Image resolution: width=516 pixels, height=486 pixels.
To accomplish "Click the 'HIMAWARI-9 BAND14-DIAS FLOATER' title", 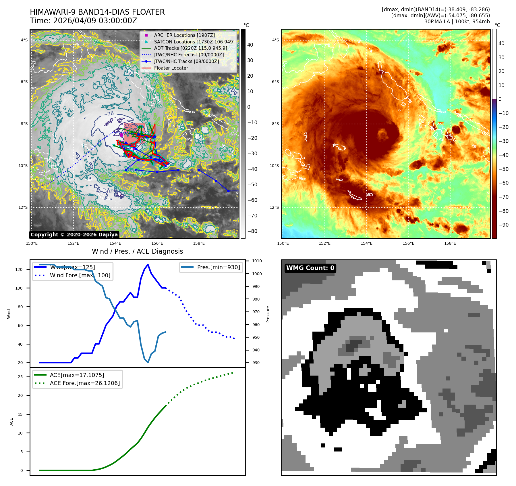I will coord(97,12).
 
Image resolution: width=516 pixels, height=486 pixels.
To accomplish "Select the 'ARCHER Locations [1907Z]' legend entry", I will coord(184,35).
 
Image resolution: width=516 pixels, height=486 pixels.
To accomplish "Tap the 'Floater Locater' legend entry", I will coord(171,68).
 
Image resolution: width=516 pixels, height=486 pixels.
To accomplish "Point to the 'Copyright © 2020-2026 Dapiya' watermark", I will coord(74,235).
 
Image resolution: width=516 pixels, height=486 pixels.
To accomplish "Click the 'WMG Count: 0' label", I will coord(310,268).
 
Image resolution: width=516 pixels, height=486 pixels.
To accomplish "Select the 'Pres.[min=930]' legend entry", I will coord(218,267).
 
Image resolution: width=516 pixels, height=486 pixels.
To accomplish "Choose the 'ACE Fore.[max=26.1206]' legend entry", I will coord(85,383).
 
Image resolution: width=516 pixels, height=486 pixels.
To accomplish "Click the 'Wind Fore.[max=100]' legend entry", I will coord(80,275).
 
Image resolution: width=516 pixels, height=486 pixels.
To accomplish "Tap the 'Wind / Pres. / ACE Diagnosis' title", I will coord(137,251).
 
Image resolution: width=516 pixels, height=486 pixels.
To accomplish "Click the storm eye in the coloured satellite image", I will coord(382,134).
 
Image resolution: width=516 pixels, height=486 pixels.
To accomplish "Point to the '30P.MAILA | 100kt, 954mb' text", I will coord(457,22).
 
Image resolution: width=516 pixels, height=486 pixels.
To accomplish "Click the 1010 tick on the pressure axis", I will coord(257,261).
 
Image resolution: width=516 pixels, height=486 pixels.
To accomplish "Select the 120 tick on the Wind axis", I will coord(19,269).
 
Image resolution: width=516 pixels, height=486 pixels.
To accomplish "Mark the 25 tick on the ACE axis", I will coord(20,377).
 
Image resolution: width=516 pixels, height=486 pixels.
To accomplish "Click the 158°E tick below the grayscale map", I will coord(199,243).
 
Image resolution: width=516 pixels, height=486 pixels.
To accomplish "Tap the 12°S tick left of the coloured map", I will coord(274,207).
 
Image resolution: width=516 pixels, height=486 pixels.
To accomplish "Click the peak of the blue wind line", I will coord(148,265).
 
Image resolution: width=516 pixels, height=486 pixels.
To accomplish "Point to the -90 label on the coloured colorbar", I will coord(503,225).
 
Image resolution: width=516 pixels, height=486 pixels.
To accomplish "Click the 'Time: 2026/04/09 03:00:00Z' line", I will coord(83,21).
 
